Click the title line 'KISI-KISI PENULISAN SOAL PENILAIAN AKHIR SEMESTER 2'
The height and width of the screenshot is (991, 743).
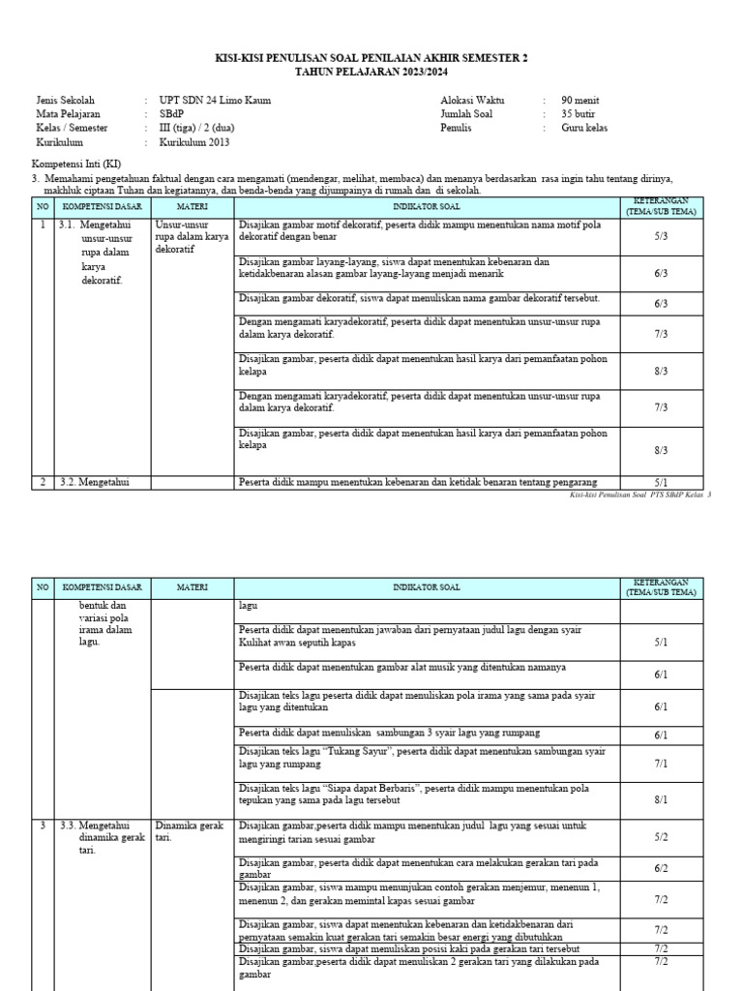point(371,58)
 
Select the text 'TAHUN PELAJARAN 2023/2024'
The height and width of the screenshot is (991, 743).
point(371,72)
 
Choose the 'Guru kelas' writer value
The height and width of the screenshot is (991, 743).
point(584,128)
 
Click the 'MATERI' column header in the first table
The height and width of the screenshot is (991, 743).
point(192,207)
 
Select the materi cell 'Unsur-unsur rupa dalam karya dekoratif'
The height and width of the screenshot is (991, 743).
point(192,236)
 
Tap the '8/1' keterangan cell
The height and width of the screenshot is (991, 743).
point(661,800)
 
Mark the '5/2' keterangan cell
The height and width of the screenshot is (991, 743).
point(661,836)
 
